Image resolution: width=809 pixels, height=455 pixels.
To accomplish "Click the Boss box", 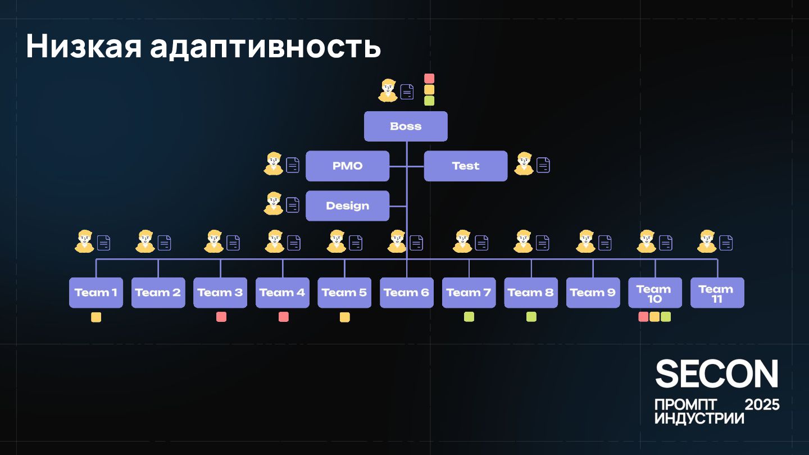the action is pyautogui.click(x=406, y=126).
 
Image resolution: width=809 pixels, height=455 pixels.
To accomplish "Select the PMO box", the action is pyautogui.click(x=347, y=166).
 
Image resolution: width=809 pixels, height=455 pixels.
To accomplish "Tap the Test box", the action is pyautogui.click(x=465, y=166).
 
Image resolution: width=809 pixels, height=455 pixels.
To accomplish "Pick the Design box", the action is pyautogui.click(x=347, y=206).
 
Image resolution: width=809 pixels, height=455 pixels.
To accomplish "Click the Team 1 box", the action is pyautogui.click(x=96, y=293).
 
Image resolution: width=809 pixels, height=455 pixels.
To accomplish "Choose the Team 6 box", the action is pyautogui.click(x=406, y=293).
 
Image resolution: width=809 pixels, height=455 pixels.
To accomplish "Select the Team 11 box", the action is pyautogui.click(x=717, y=293).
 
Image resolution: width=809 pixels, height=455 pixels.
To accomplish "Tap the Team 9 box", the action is pyautogui.click(x=593, y=293).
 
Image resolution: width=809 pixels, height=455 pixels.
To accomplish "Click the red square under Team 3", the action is pyautogui.click(x=221, y=317).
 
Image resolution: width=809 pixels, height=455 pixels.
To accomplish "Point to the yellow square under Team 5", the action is pyautogui.click(x=344, y=317).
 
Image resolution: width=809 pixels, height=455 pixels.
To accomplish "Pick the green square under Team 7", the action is pyautogui.click(x=469, y=317).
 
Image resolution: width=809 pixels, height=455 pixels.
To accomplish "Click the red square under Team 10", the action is pyautogui.click(x=643, y=317).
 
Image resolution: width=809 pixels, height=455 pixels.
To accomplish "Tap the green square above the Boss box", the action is pyautogui.click(x=429, y=101).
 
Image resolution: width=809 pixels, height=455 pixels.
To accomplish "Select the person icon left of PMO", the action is pyautogui.click(x=274, y=164).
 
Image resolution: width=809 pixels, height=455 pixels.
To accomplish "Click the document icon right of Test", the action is pyautogui.click(x=543, y=165).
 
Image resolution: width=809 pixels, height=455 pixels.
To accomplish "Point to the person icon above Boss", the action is pyautogui.click(x=388, y=90).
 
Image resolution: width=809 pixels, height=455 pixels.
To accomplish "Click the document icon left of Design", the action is pyautogui.click(x=293, y=205).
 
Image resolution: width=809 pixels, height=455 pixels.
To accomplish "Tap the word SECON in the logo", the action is pyautogui.click(x=717, y=374).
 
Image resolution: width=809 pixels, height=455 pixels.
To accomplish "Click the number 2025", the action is pyautogui.click(x=762, y=404).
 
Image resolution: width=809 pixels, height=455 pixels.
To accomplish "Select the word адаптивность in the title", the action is pyautogui.click(x=266, y=46).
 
